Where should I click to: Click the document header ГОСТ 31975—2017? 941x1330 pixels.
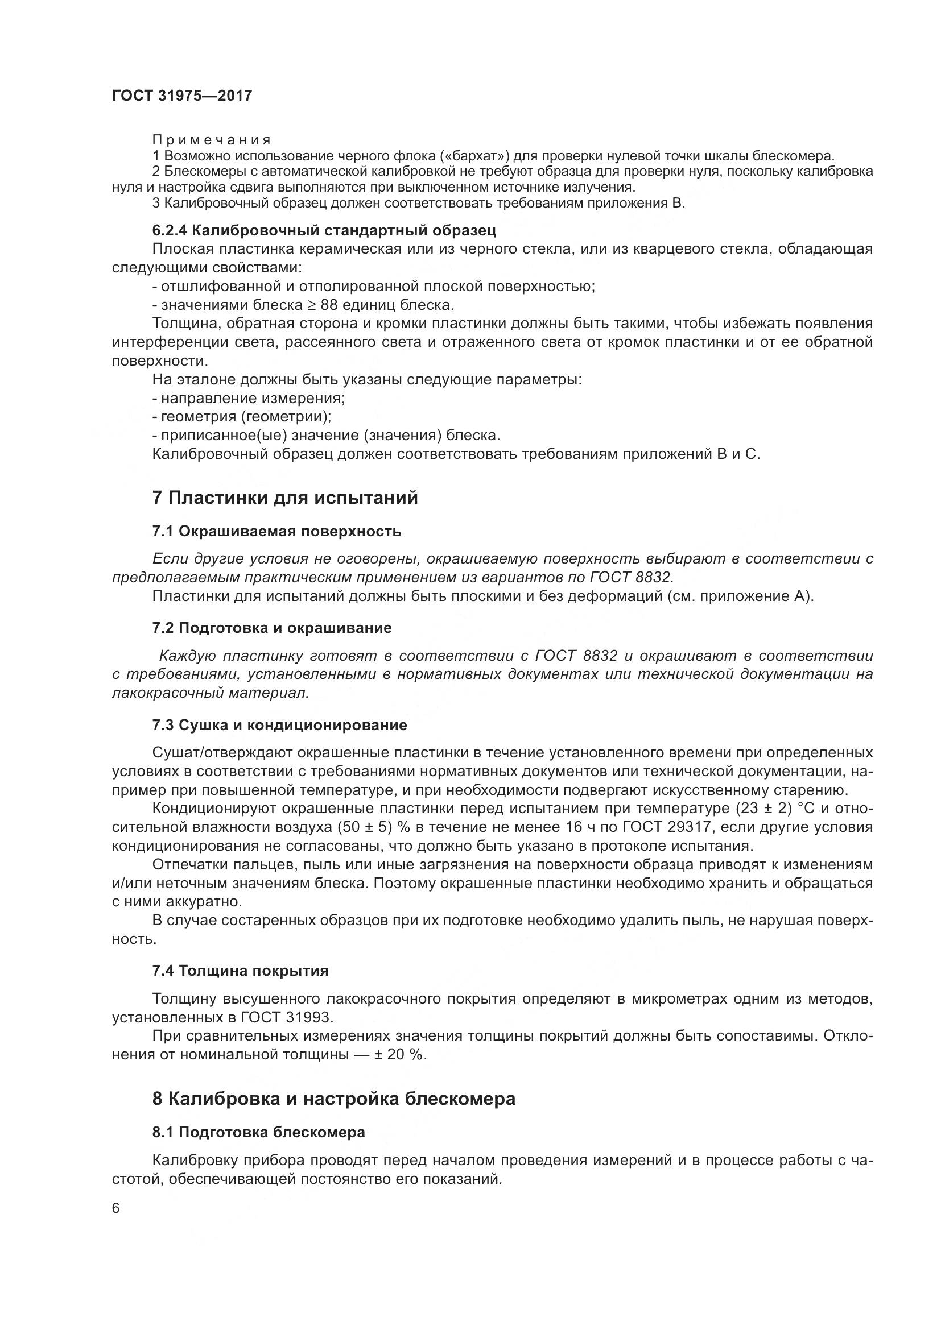click(182, 96)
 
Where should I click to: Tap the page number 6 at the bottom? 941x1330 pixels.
click(116, 1208)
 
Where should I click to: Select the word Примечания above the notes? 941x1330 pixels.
click(212, 140)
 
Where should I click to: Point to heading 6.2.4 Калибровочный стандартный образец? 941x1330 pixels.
click(324, 230)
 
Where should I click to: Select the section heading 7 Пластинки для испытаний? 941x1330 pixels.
click(284, 498)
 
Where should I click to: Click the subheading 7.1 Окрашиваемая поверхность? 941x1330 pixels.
click(276, 531)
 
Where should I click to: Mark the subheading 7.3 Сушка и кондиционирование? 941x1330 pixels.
click(279, 724)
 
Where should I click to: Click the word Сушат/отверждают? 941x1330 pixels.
click(224, 752)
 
